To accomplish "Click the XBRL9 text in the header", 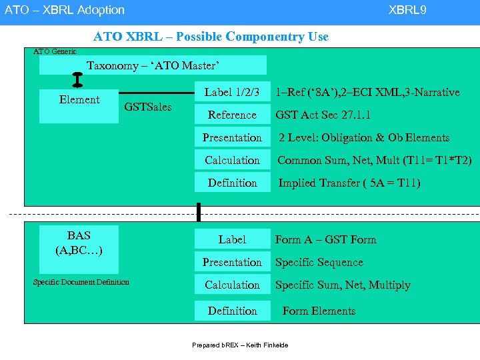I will (407, 10).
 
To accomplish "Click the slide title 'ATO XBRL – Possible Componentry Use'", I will (211, 37).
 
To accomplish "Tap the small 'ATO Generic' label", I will (55, 51).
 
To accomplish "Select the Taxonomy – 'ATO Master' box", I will (153, 65).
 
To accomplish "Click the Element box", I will (79, 106).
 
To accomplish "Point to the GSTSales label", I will (147, 107).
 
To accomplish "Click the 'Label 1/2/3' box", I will (232, 92).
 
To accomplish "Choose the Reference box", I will (232, 115).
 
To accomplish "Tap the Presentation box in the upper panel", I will (232, 137).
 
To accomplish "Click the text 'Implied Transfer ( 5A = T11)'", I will (349, 183).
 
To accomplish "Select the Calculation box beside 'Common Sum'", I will (232, 160).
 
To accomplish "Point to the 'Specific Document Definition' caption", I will (81, 282).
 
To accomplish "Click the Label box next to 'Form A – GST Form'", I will (232, 239).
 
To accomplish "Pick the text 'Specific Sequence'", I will (319, 262).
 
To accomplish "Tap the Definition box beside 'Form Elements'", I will (232, 311).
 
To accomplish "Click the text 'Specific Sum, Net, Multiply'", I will (343, 285).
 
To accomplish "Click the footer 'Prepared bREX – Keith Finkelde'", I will (240, 345).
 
